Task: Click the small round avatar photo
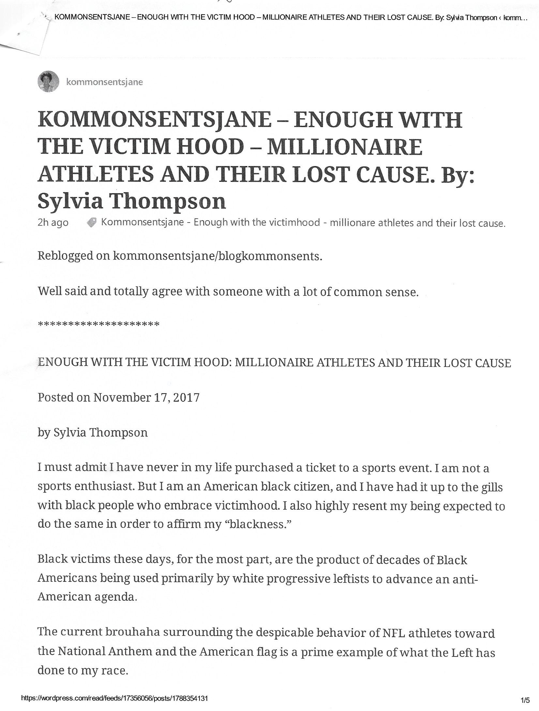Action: point(48,82)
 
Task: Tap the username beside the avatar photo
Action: point(104,82)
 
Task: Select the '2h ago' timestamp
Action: point(53,223)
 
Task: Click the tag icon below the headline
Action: point(92,223)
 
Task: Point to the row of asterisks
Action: point(98,324)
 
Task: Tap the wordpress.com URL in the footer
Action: point(114,698)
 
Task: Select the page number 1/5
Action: point(525,700)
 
